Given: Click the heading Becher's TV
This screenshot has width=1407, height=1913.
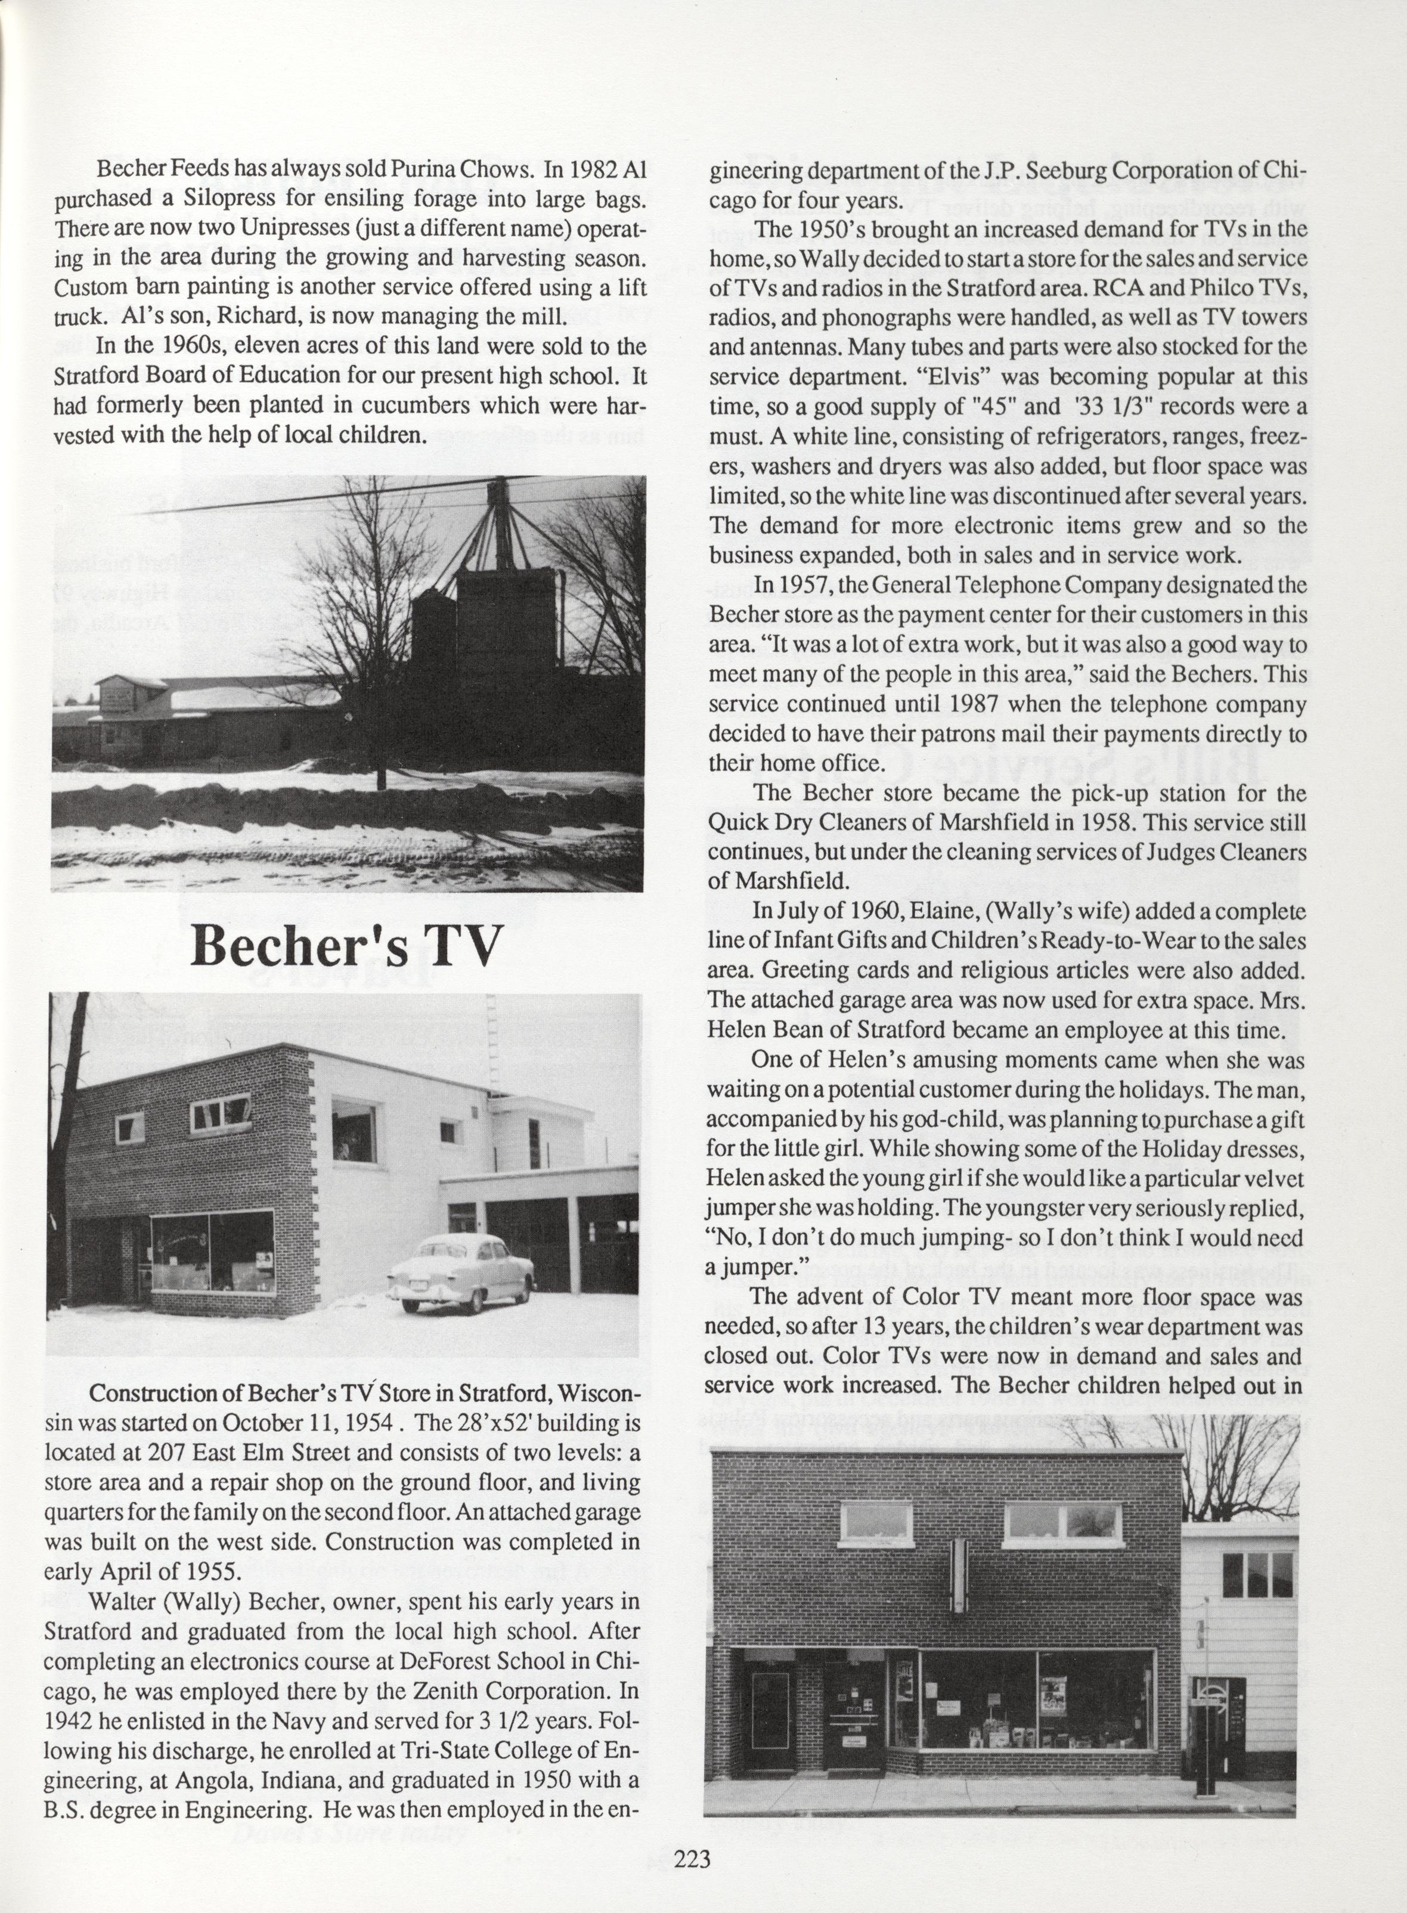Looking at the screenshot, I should pyautogui.click(x=343, y=945).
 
